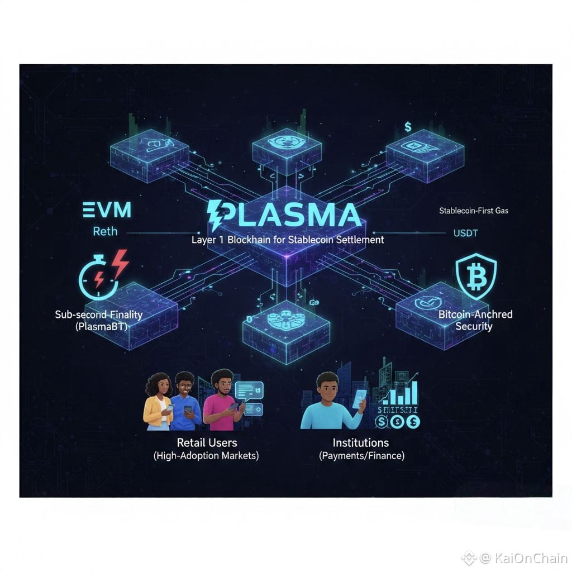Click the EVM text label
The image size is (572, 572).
[106, 210]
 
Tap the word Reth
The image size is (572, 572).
[105, 231]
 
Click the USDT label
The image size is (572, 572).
[465, 233]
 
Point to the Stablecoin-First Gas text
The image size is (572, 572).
[474, 211]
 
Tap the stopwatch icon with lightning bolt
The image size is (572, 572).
[98, 277]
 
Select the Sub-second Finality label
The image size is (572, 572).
[99, 314]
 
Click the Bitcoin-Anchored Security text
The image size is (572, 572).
[475, 320]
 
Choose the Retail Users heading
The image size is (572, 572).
[207, 442]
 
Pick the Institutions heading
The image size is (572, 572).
[361, 442]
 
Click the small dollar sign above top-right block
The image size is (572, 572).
[408, 127]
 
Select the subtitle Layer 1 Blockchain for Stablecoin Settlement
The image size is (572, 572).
[288, 240]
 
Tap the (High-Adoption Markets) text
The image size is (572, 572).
[207, 456]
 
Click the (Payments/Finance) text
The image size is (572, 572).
[361, 456]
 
